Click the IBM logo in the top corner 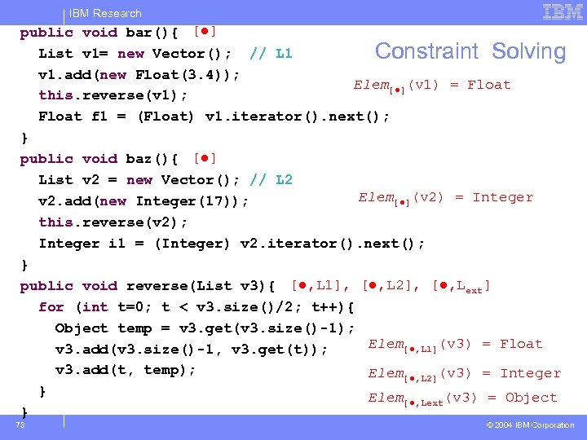(x=563, y=11)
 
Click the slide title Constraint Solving (x=470, y=51)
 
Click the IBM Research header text (x=105, y=13)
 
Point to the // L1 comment (x=271, y=54)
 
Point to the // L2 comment (x=271, y=180)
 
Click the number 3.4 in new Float (x=204, y=75)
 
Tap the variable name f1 (x=99, y=117)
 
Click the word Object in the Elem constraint (x=531, y=398)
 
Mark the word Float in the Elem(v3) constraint (x=521, y=344)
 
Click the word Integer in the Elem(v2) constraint (x=502, y=197)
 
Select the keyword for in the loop (x=51, y=307)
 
